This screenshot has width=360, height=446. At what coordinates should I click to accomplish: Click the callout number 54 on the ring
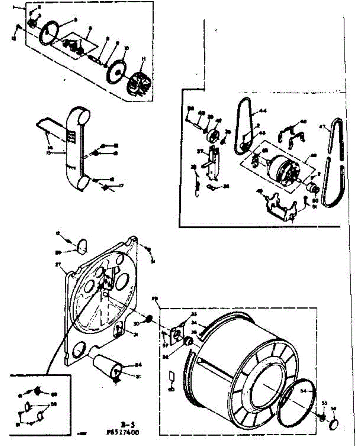303,391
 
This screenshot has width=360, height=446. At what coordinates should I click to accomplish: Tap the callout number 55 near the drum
324,403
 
